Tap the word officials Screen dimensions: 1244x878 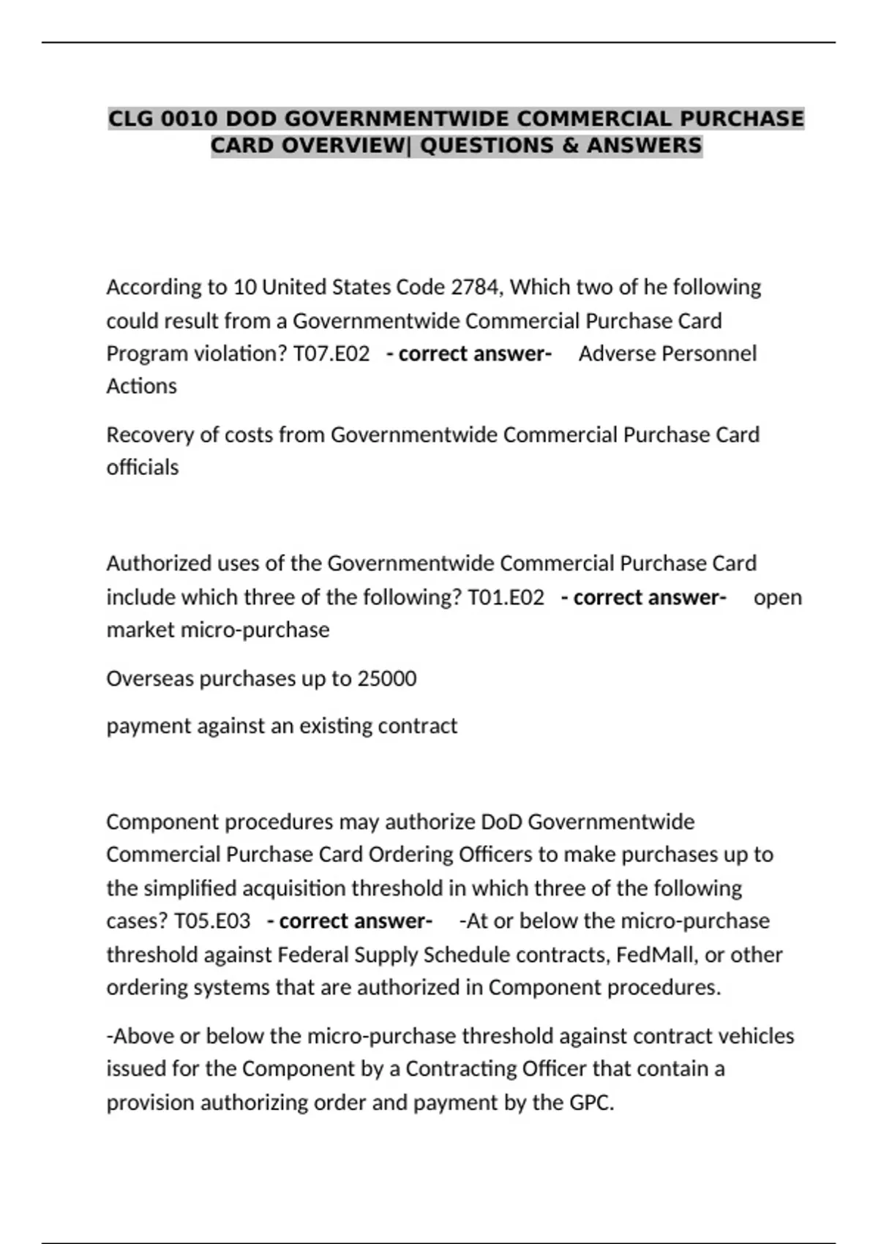143,467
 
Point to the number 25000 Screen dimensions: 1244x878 386,679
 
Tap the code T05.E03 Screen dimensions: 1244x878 212,921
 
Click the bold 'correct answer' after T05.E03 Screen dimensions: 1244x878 350,921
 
